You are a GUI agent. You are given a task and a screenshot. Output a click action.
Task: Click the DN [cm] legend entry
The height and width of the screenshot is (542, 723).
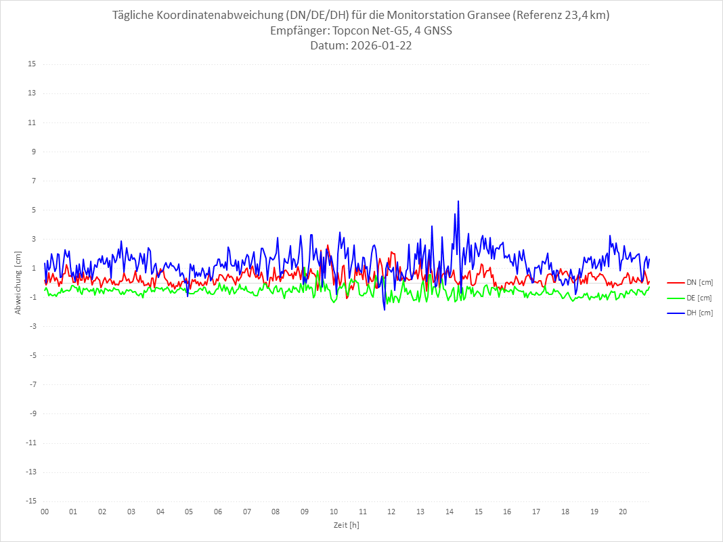[x=689, y=282]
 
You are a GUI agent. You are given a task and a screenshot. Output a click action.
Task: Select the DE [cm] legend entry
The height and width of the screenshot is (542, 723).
[x=689, y=298]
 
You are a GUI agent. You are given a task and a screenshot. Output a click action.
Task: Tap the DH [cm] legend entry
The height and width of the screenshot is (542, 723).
[x=689, y=313]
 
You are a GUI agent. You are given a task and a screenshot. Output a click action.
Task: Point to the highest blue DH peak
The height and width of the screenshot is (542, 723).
[x=458, y=201]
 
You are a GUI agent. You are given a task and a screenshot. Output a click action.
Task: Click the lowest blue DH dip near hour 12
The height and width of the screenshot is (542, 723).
[x=385, y=309]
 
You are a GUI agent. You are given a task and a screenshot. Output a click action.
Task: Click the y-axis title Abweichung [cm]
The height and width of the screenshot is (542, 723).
[x=18, y=282]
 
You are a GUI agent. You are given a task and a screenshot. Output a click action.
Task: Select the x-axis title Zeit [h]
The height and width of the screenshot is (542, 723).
[x=346, y=524]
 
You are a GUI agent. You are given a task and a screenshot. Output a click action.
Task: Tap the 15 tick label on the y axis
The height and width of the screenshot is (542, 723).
[x=32, y=64]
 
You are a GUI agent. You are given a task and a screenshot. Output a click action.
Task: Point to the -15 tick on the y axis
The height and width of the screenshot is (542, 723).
[x=30, y=501]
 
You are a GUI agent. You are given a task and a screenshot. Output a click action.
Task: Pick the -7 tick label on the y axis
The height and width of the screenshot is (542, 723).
[x=32, y=384]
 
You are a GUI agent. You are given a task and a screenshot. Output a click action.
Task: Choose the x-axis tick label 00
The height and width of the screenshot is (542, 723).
[x=45, y=512]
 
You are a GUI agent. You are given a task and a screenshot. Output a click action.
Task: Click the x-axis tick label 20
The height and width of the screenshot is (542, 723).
[x=623, y=512]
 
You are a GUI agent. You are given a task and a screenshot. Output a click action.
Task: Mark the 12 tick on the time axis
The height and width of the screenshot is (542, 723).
[x=392, y=512]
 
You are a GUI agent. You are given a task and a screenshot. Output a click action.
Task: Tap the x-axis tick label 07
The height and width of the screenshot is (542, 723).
[x=247, y=512]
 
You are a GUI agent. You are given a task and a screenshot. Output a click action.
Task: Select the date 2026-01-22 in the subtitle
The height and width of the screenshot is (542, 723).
[x=380, y=46]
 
